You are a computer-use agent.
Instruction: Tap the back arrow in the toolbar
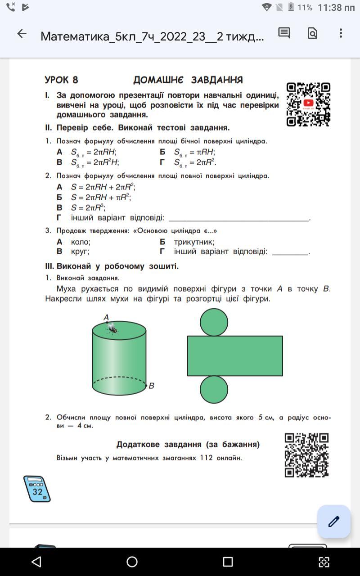[x=22, y=34]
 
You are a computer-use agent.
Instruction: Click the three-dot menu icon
[x=341, y=33]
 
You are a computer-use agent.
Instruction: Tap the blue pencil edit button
[x=333, y=522]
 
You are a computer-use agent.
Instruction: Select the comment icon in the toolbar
[x=284, y=33]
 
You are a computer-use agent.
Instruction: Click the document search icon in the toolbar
[x=312, y=33]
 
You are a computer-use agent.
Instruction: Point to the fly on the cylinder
[x=112, y=329]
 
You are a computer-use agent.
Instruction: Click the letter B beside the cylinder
[x=152, y=386]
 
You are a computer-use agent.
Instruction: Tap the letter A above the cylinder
[x=106, y=317]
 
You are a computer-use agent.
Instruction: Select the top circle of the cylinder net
[x=214, y=322]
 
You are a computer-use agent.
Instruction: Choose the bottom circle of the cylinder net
[x=214, y=389]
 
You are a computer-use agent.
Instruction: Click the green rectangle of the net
[x=235, y=355]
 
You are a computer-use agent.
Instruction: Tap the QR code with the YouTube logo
[x=308, y=104]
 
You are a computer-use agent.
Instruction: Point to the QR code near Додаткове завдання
[x=306, y=455]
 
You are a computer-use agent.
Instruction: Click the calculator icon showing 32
[x=37, y=489]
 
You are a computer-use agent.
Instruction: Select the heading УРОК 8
[x=61, y=80]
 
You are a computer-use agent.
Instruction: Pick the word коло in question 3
[x=81, y=242]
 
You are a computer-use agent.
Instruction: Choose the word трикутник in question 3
[x=194, y=242]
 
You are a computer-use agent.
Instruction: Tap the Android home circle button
[x=132, y=562]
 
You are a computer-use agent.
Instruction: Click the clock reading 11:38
[x=336, y=8]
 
